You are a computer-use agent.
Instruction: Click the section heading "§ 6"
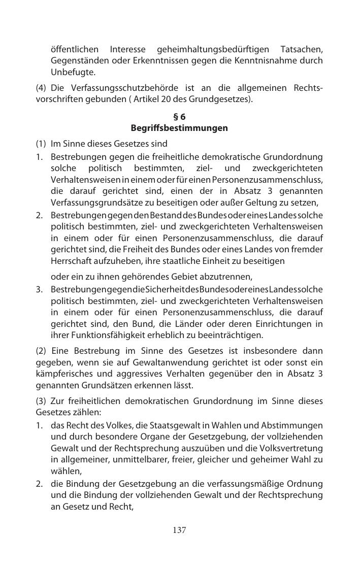tap(179, 117)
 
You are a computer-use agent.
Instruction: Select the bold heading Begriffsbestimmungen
tap(179, 128)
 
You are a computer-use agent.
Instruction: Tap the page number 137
tap(179, 530)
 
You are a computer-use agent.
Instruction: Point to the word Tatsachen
tap(301, 50)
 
